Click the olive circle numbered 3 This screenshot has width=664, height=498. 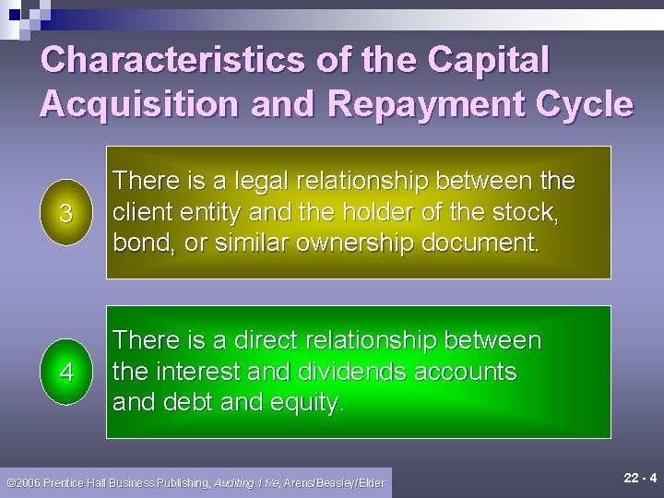point(65,213)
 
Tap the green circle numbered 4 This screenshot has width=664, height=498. point(65,372)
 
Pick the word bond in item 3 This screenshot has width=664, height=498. point(136,244)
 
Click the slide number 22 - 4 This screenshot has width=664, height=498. point(639,479)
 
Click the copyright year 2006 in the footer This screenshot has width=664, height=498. point(35,482)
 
